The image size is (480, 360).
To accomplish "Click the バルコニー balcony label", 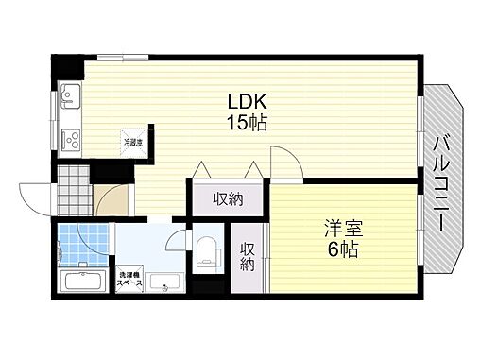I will pos(441,183).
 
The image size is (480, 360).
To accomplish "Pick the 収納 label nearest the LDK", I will pos(228,199).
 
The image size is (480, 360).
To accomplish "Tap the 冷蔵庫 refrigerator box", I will pos(132,143).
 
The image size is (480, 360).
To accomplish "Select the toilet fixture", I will pos(207,249).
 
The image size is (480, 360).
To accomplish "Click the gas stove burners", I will pos(70,139).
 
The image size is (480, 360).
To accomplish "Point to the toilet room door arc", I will pos(179,239).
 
